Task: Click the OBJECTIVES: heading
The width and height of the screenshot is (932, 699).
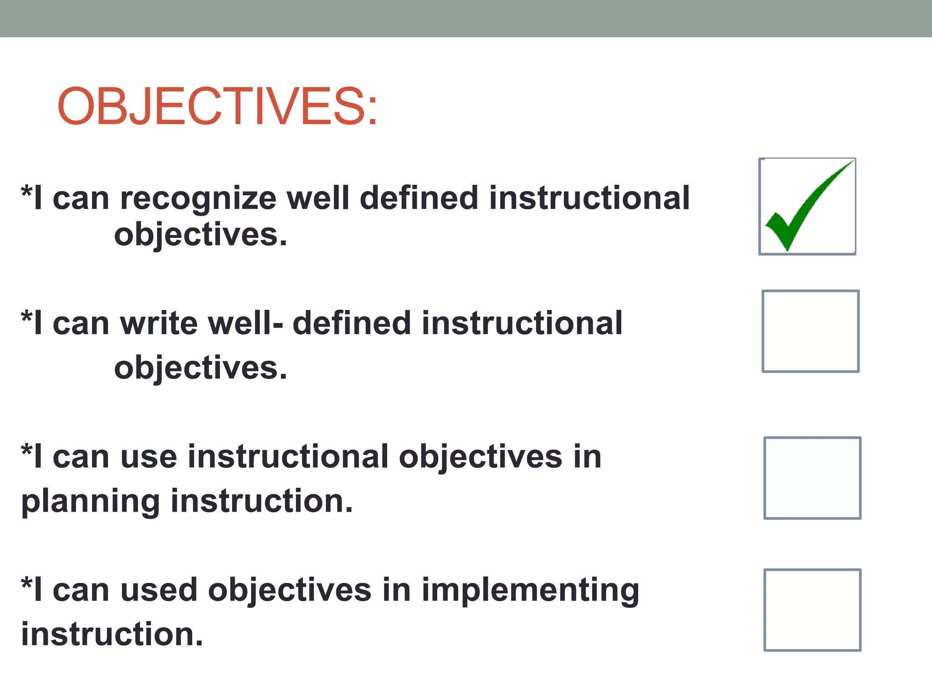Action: click(218, 106)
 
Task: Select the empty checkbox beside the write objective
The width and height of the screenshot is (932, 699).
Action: click(810, 331)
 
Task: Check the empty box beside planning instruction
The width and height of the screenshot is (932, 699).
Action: click(812, 478)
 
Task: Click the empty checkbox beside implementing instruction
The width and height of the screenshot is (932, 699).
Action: click(812, 610)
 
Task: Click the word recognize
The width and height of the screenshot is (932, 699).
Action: click(198, 198)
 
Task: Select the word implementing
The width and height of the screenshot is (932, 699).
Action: click(530, 590)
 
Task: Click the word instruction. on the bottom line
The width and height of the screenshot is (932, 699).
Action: click(112, 634)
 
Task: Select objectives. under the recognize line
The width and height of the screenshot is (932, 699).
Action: click(200, 235)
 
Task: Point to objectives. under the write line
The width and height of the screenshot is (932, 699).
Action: click(200, 368)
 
